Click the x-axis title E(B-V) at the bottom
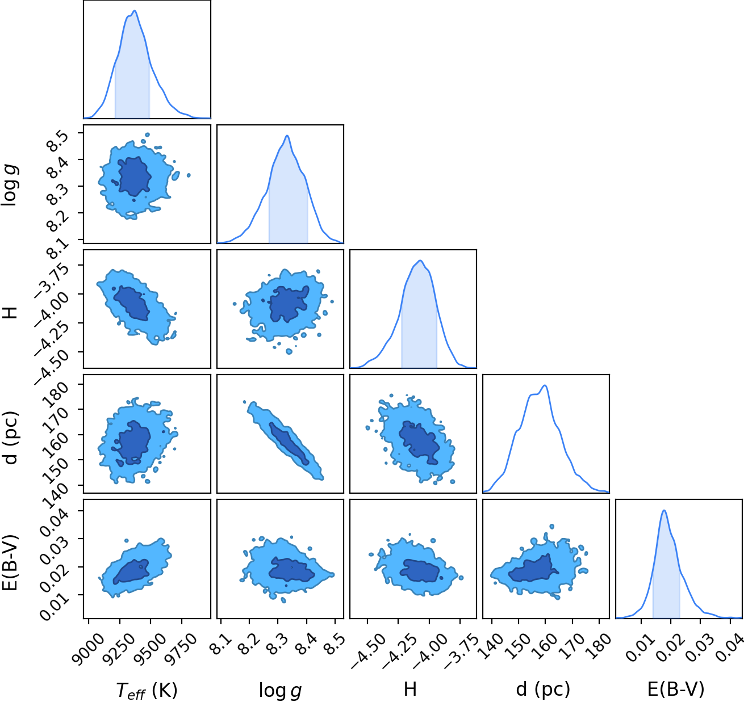(676, 689)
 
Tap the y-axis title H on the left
(10, 313)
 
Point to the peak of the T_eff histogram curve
(135, 11)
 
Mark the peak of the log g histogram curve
(287, 136)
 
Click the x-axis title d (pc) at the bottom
(543, 690)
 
